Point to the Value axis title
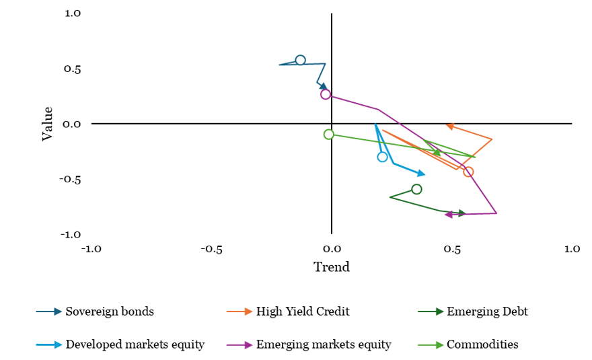(48, 123)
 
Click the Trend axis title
(332, 267)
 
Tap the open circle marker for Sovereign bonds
(300, 61)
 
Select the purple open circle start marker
(326, 94)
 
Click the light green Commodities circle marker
(329, 135)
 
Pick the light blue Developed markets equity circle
(383, 157)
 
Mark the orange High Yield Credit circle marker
(468, 172)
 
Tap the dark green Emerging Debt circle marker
(416, 189)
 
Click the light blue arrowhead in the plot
(421, 174)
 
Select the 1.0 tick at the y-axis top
(72, 13)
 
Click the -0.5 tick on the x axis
(211, 248)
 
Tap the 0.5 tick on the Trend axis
(452, 248)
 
